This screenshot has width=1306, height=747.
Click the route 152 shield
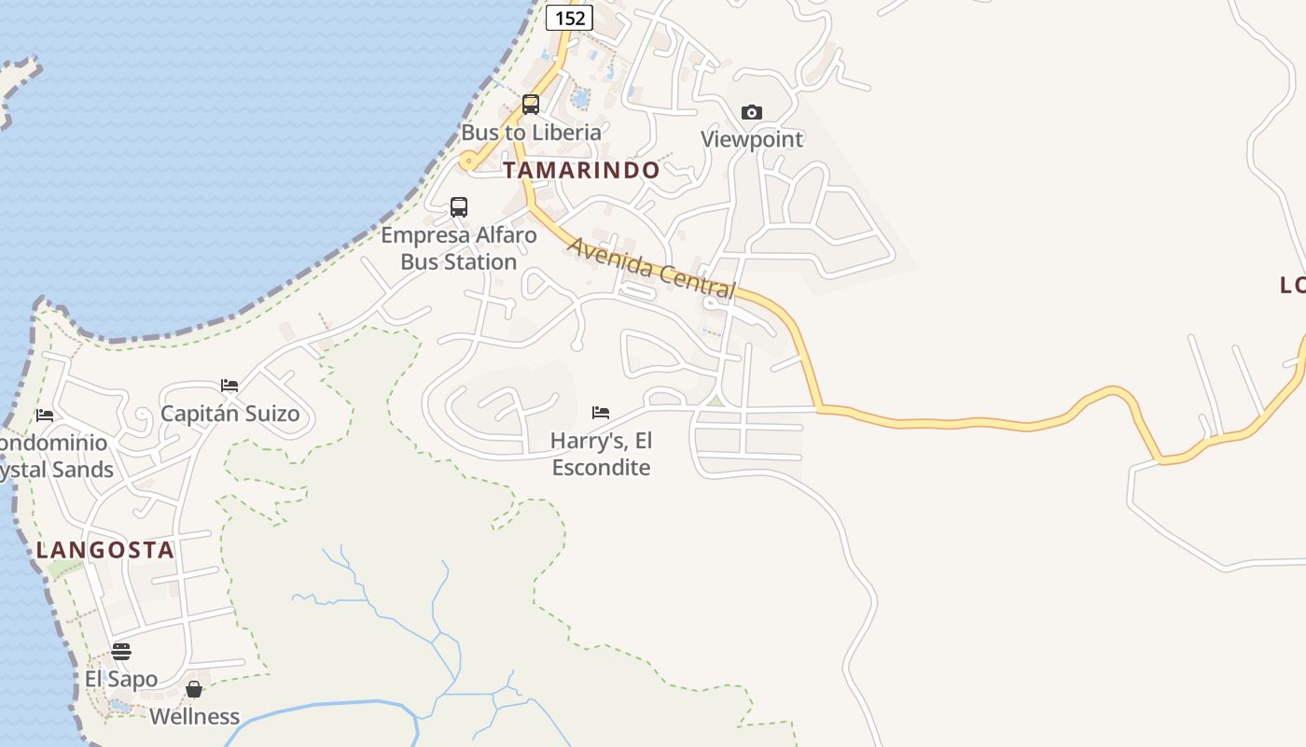[x=569, y=17]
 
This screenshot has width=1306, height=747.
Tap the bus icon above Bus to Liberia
[x=531, y=104]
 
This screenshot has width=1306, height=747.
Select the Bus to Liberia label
[x=531, y=133]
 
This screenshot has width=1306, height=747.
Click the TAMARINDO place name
[x=581, y=170]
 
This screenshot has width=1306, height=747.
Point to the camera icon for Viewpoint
[x=752, y=112]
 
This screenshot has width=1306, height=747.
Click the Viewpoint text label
[x=752, y=139]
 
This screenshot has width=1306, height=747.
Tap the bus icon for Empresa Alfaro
[x=459, y=206]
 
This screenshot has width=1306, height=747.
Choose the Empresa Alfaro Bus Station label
[x=459, y=248]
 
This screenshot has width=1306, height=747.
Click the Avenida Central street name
[x=652, y=268]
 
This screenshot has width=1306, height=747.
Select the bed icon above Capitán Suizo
[x=229, y=386]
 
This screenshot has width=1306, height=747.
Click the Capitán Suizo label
[x=230, y=414]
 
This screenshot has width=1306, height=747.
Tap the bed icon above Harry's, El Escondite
[x=601, y=412]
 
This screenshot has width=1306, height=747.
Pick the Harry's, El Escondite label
[x=601, y=454]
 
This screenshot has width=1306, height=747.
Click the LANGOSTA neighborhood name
[x=105, y=550]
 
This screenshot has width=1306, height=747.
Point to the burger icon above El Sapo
[x=121, y=651]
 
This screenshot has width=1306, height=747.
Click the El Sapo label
[x=121, y=679]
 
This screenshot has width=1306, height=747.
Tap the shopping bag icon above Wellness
[x=194, y=689]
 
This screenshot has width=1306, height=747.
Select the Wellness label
[x=195, y=716]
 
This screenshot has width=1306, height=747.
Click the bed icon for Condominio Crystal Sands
[x=45, y=415]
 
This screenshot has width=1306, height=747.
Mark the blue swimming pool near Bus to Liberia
[x=580, y=97]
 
